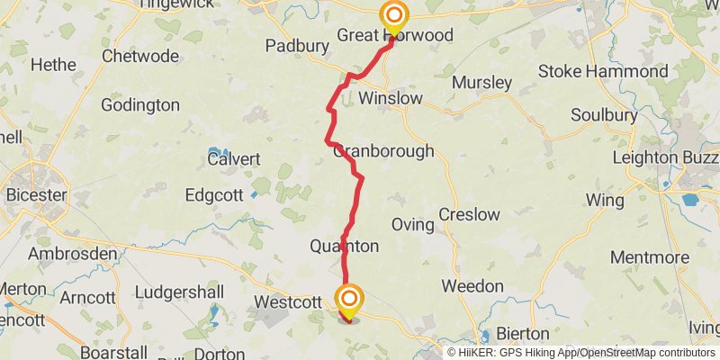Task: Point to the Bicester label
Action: [x=36, y=194]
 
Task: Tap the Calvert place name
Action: [x=233, y=159]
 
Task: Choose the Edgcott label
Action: [x=214, y=195]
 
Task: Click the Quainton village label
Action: [x=344, y=246]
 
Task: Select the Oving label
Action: [x=413, y=224]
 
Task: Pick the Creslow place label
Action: [x=469, y=214]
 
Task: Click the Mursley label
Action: [x=481, y=83]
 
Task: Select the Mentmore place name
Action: [x=649, y=256]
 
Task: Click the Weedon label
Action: [x=472, y=286]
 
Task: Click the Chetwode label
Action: [x=139, y=56]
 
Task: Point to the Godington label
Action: [x=140, y=104]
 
